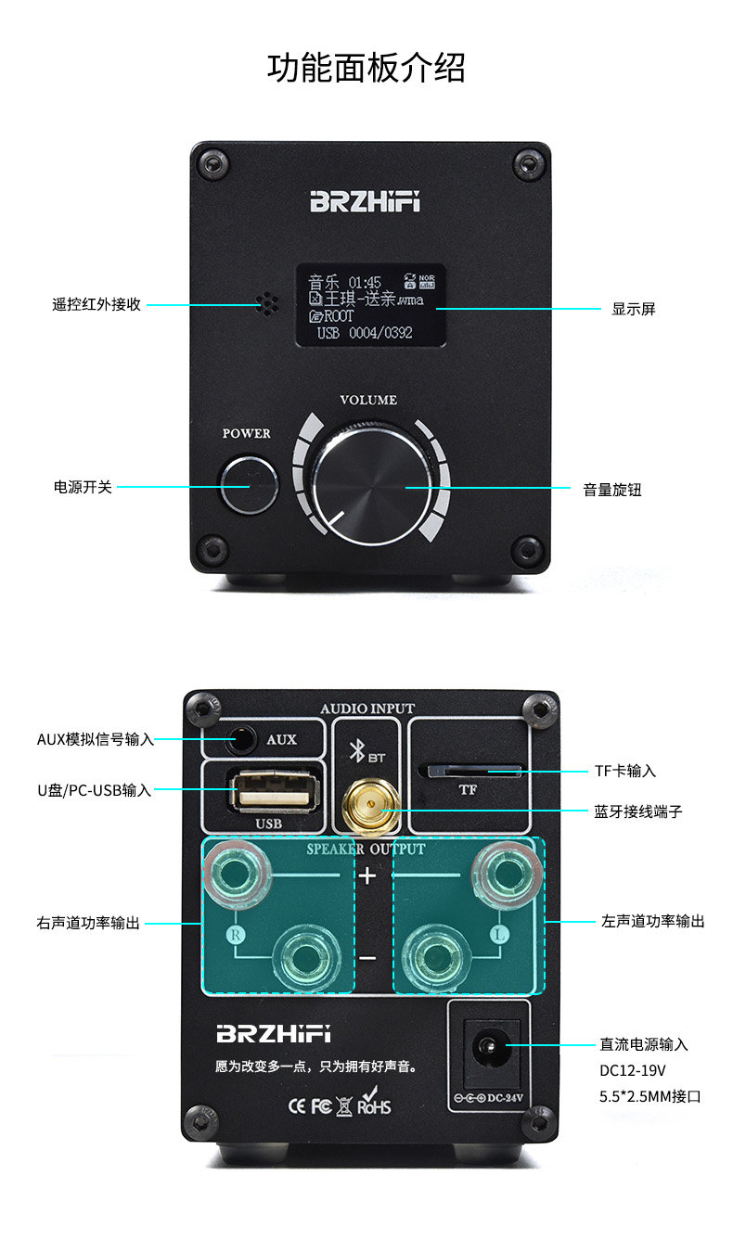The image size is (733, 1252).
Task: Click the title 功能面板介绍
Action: point(366,68)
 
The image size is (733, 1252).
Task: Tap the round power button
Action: point(249,484)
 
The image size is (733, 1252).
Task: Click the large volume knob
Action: point(370,486)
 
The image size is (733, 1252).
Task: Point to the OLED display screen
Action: point(370,306)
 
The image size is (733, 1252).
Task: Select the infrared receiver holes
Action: point(267,303)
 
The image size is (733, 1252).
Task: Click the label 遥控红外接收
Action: point(96,304)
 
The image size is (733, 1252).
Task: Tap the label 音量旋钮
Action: point(612,490)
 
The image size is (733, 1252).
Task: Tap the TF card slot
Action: point(469,770)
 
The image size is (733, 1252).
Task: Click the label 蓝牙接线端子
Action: point(638,811)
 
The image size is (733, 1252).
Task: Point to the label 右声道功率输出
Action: point(88,923)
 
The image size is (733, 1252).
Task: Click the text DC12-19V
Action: point(633,1070)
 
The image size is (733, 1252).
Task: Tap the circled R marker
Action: point(235,935)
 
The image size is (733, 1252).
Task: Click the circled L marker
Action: point(498,935)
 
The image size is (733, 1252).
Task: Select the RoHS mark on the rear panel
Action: point(374,1105)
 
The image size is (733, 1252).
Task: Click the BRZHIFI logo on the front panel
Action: point(365,202)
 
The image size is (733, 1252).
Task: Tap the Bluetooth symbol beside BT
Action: point(356,752)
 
